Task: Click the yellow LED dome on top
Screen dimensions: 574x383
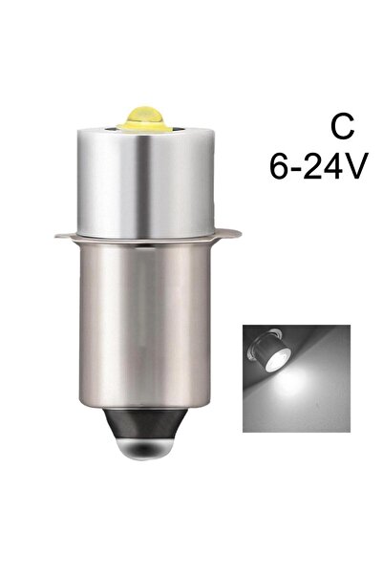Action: coord(144,117)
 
